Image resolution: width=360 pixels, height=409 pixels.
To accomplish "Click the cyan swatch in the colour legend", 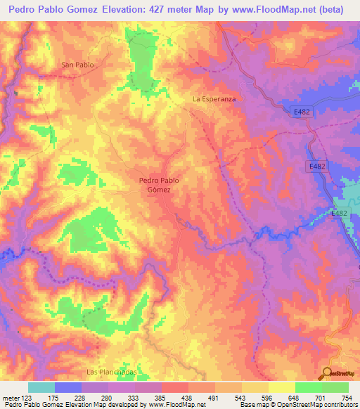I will tap(41, 387).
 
